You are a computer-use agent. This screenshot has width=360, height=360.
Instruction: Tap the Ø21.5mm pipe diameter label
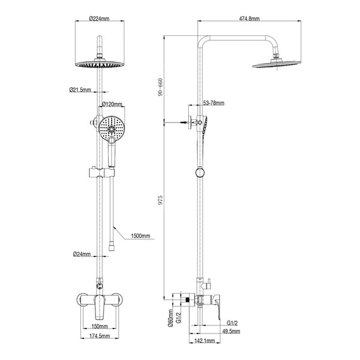click(x=81, y=90)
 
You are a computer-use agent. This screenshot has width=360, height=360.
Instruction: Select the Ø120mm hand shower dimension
click(x=112, y=103)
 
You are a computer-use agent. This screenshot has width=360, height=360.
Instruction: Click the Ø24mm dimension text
click(x=81, y=255)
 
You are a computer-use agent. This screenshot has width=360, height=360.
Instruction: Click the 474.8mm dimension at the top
click(x=249, y=19)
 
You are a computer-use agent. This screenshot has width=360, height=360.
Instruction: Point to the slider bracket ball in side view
click(x=200, y=172)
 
